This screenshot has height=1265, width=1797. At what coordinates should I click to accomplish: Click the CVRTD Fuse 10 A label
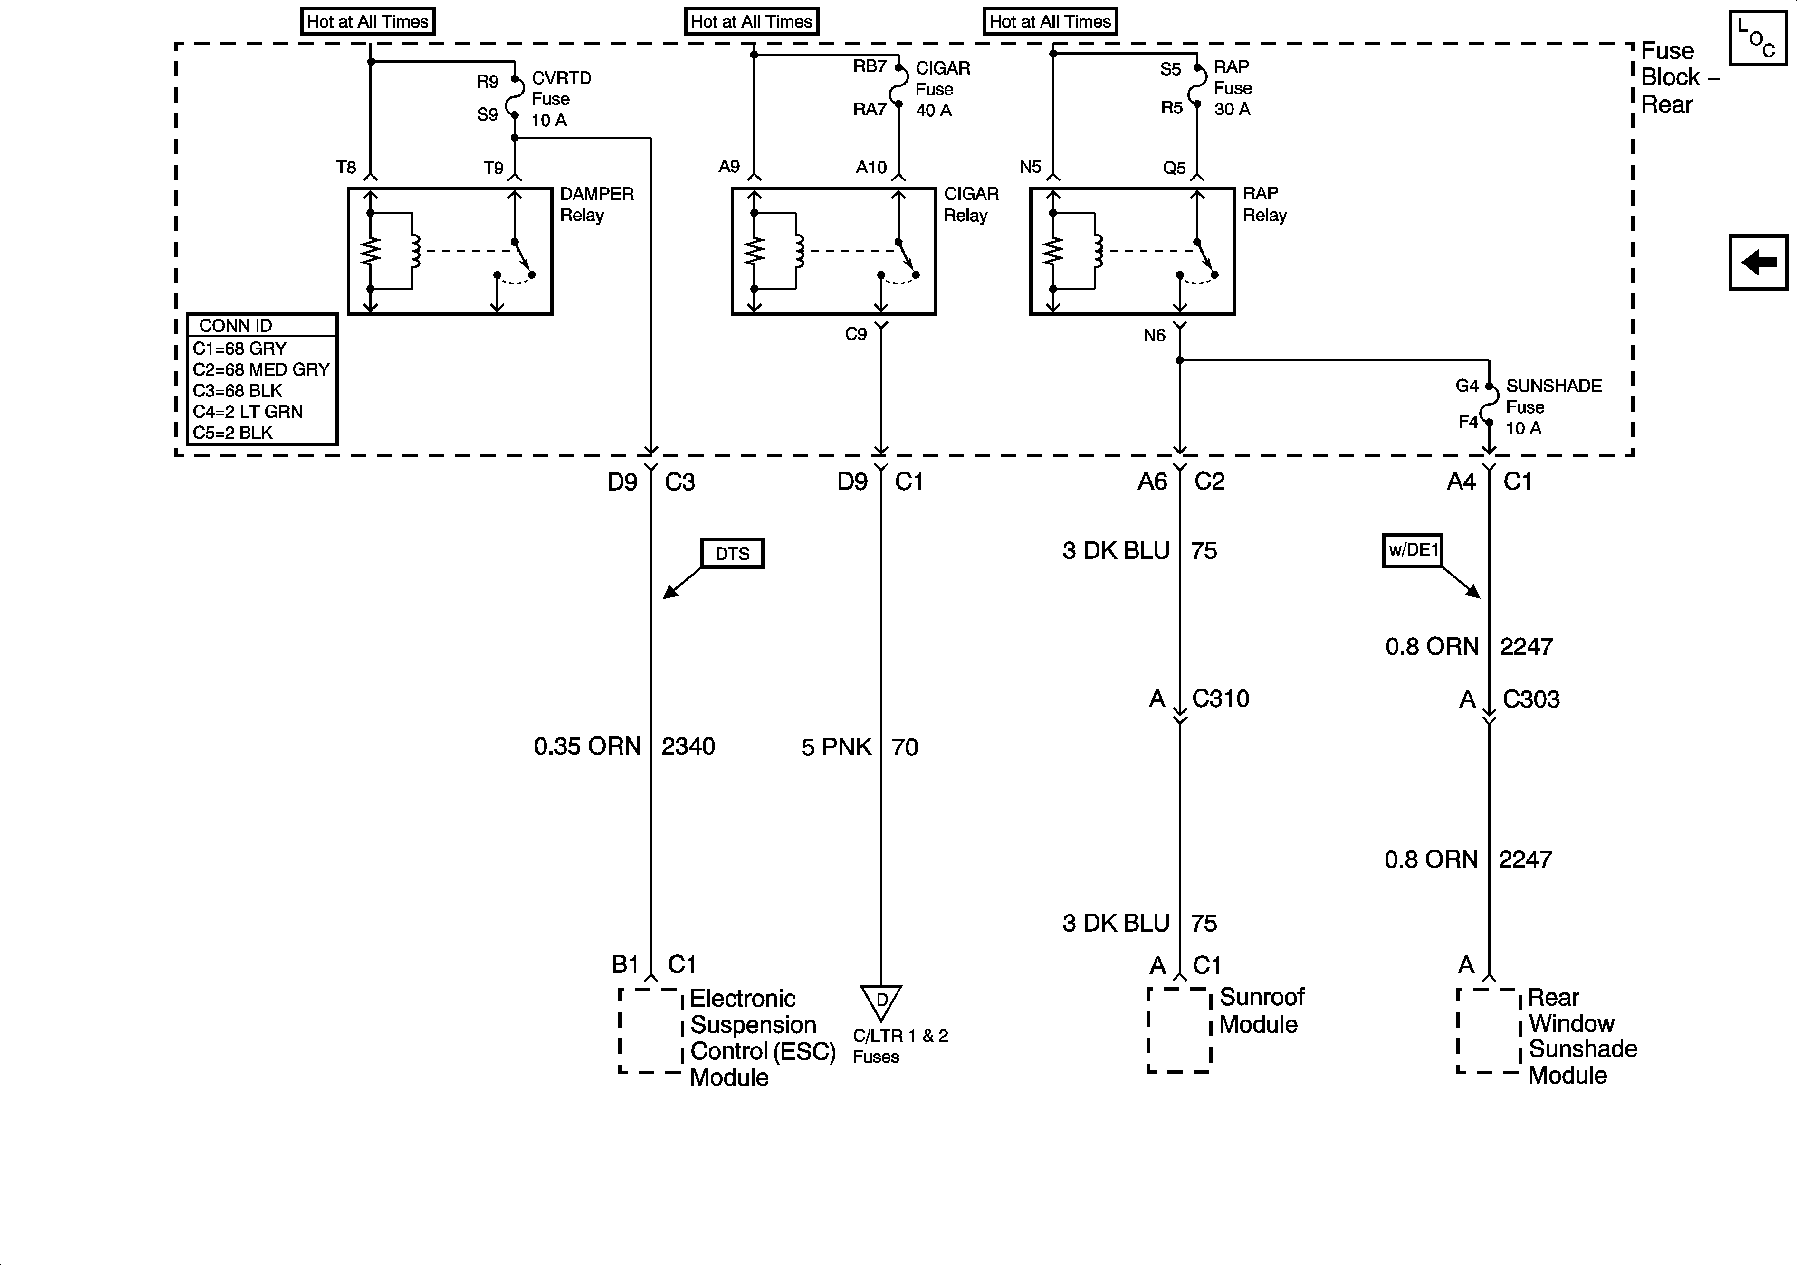click(560, 99)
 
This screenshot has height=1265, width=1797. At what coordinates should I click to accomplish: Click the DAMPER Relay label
click(596, 204)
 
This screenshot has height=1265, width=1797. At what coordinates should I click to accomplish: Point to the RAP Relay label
click(1264, 204)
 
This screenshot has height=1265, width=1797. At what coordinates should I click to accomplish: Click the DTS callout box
click(732, 554)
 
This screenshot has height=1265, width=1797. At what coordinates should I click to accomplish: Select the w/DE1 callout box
click(1412, 550)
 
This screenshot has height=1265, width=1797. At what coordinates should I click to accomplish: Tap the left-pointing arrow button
click(1759, 262)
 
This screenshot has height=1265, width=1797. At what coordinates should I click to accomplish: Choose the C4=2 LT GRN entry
click(248, 412)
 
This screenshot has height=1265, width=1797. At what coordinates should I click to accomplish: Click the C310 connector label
click(1220, 699)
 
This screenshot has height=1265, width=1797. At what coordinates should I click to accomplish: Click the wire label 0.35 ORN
click(587, 746)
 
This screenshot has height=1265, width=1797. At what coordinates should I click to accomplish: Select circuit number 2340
click(688, 746)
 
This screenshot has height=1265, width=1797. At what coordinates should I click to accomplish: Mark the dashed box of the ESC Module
click(650, 1031)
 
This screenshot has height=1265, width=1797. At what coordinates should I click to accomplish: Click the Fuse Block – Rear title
click(1675, 77)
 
